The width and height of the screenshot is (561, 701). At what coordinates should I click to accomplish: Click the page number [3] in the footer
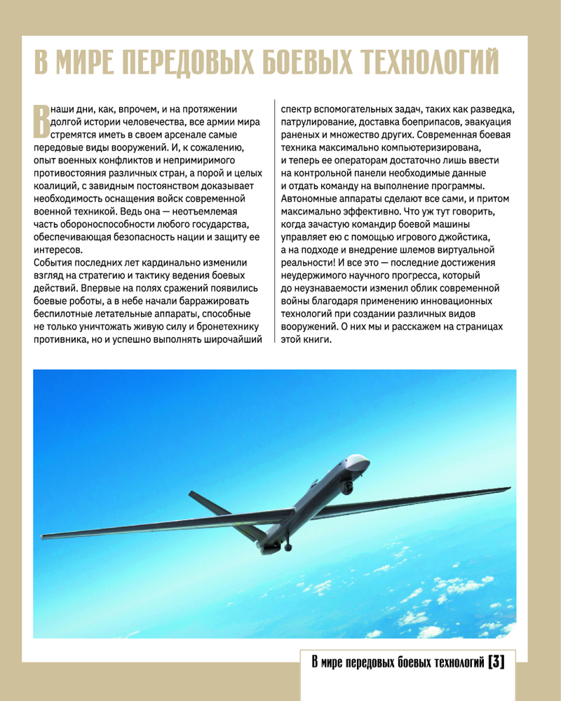pyautogui.click(x=496, y=661)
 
